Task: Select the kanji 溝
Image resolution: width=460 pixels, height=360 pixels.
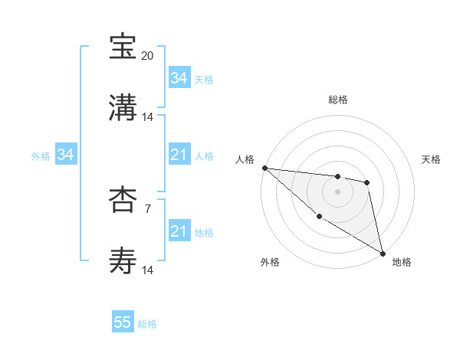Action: click(x=123, y=107)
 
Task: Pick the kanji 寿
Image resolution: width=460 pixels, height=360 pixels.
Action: click(x=123, y=260)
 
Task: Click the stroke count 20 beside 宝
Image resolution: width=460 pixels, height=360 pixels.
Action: click(x=148, y=56)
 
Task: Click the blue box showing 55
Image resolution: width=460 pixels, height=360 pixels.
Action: click(x=123, y=322)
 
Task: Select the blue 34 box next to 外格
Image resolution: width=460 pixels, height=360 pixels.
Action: click(x=66, y=155)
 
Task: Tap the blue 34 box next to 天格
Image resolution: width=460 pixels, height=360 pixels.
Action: click(x=179, y=78)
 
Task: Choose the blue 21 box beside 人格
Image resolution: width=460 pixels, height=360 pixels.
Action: click(x=179, y=155)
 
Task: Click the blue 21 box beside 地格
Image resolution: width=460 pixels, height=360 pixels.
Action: click(x=179, y=231)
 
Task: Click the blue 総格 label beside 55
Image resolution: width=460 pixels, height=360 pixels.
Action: click(x=148, y=324)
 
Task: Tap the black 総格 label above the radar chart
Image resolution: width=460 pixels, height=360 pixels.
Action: click(x=337, y=100)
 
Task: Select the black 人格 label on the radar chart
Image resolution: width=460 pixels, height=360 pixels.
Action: click(x=245, y=159)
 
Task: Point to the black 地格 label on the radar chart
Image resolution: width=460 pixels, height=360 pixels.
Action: click(x=402, y=262)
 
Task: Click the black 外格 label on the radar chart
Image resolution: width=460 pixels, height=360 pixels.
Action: click(x=270, y=262)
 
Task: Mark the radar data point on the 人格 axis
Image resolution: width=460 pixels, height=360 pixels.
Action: click(x=264, y=168)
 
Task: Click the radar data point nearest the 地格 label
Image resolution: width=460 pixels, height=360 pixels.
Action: click(x=383, y=253)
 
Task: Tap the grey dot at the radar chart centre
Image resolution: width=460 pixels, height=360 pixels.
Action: click(x=337, y=191)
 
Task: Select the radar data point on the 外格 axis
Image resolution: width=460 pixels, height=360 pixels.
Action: click(x=319, y=216)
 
